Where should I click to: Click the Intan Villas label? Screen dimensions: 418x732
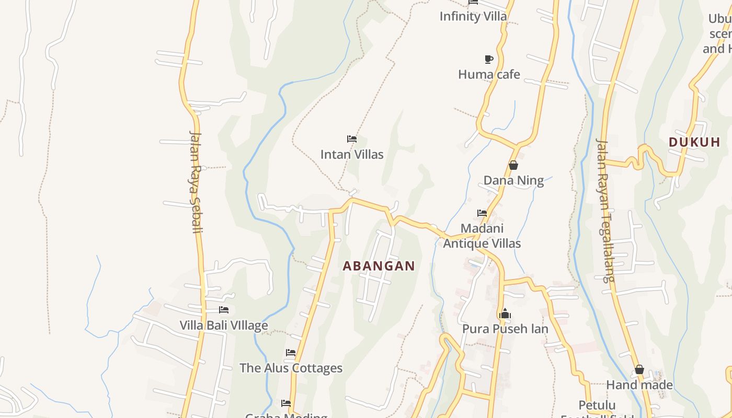[352, 155]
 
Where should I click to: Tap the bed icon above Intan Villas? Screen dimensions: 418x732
[352, 139]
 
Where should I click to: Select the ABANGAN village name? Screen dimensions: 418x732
[379, 266]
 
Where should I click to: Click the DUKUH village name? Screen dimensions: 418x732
[694, 142]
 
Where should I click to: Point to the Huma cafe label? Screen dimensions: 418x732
[489, 75]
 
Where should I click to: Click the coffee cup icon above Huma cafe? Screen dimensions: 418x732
[488, 59]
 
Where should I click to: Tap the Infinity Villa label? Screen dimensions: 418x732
[473, 16]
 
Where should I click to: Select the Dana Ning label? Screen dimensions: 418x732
[513, 181]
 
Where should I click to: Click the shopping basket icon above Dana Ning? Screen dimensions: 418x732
[513, 166]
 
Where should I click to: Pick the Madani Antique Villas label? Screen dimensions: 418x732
[482, 236]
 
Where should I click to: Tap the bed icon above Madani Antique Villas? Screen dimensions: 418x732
[482, 213]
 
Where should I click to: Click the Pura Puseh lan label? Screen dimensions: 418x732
[505, 329]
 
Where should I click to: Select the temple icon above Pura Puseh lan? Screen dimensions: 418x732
[505, 314]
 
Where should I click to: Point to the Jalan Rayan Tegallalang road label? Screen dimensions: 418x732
[605, 210]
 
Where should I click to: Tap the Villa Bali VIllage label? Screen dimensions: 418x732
[224, 326]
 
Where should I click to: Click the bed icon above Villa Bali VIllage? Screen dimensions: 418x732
[224, 310]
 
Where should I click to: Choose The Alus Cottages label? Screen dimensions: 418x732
[291, 368]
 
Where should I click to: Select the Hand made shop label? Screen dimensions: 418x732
[639, 385]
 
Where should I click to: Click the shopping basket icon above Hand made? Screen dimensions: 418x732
[639, 370]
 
